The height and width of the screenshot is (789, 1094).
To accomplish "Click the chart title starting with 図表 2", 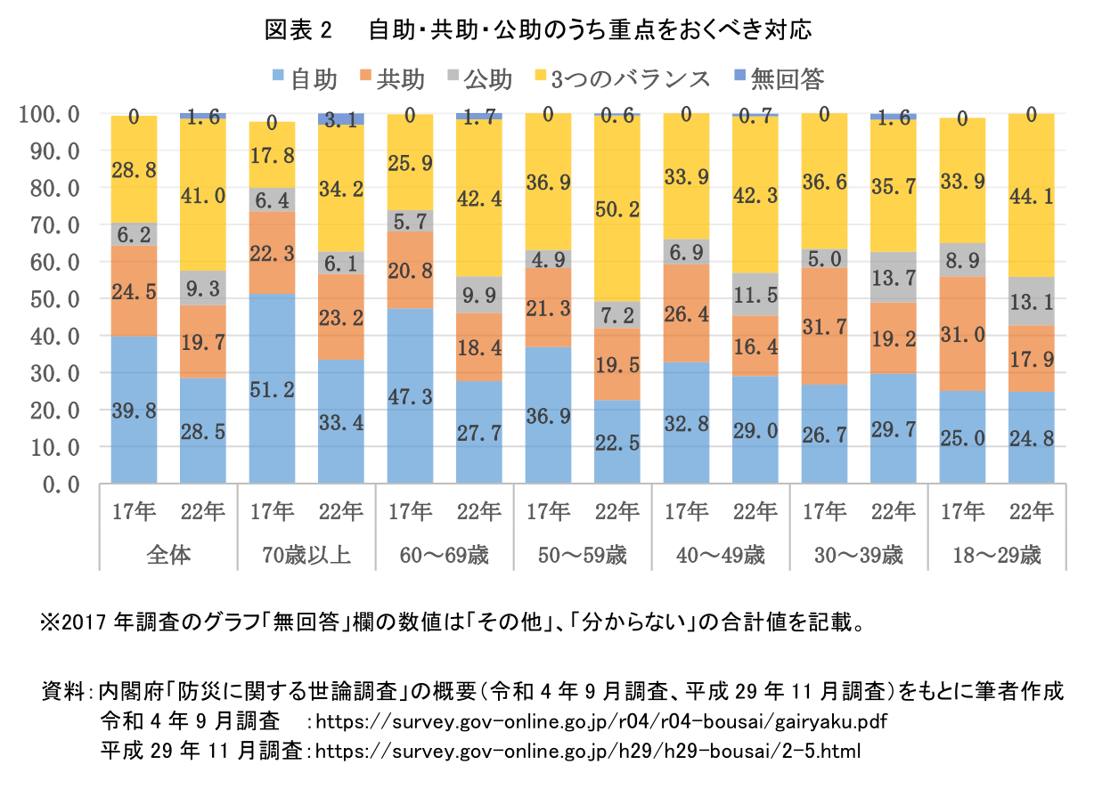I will pyautogui.click(x=538, y=31).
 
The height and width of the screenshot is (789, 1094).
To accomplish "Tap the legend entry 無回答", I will pyautogui.click(x=778, y=79).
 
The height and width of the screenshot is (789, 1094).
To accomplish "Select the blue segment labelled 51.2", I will pyautogui.click(x=272, y=388).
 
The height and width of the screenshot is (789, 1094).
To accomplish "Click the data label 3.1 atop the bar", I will pyautogui.click(x=340, y=121).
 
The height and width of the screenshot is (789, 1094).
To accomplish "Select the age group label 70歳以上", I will pyautogui.click(x=306, y=557).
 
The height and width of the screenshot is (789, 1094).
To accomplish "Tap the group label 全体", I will pyautogui.click(x=168, y=557).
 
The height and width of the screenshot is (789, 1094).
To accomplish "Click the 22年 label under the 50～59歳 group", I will pyautogui.click(x=616, y=511).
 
